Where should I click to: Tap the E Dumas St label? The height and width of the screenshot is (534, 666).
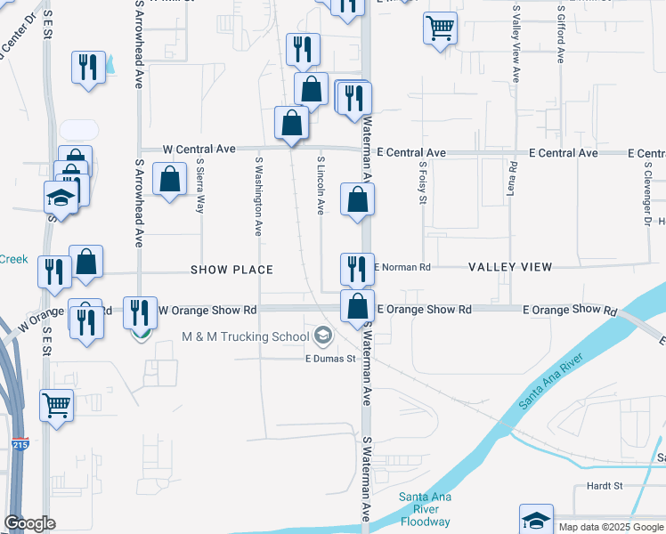330,359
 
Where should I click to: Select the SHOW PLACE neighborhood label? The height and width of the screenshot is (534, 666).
231,269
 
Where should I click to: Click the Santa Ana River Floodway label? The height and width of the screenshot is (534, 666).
425,509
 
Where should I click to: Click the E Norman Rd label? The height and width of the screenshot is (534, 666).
402,266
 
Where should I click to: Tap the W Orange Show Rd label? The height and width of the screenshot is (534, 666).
207,310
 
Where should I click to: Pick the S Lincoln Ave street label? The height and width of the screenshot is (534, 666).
321,186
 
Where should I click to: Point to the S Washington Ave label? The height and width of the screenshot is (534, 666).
258,197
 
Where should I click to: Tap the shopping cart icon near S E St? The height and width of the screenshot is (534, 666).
57,406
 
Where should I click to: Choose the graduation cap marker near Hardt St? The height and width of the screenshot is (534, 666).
536,519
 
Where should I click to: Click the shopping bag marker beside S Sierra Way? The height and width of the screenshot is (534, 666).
169,179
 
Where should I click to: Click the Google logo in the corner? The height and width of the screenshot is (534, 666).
29,523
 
